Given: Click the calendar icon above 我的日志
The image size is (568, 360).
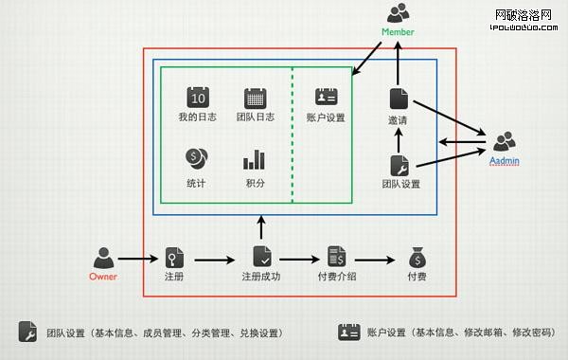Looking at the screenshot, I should (197, 97).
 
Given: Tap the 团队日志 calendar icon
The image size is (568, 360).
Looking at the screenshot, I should (254, 97).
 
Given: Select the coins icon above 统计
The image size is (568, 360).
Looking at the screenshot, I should (197, 158).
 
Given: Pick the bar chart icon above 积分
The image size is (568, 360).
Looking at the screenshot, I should (254, 159).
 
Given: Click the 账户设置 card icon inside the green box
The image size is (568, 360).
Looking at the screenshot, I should (326, 97).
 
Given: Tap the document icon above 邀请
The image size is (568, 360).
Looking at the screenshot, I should (398, 98).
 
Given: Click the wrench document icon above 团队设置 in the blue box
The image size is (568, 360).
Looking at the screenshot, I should (399, 164).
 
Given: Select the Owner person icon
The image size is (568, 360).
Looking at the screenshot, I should (103, 257).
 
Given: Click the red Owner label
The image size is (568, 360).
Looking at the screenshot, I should (103, 277).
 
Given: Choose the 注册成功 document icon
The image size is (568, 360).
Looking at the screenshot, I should (262, 256).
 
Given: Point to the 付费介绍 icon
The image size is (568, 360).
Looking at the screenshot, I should (336, 256).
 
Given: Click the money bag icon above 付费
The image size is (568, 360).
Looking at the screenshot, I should (417, 257).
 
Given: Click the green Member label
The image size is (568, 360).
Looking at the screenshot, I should (398, 31).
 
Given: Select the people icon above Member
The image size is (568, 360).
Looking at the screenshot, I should (399, 13).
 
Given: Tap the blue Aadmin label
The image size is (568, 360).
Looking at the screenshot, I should (505, 161).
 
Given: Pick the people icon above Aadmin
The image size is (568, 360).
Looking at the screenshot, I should (505, 142).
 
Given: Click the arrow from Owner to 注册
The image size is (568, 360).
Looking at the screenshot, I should (138, 258).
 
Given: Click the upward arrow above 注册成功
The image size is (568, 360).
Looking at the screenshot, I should (262, 225).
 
